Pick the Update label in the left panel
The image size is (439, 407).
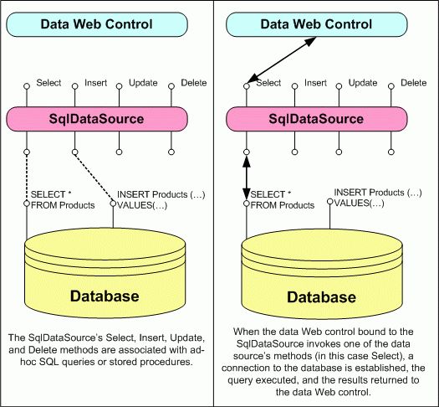(142, 84)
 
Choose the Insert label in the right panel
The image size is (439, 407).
(316, 83)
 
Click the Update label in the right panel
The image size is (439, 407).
(362, 83)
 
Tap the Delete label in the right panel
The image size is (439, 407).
(412, 83)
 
